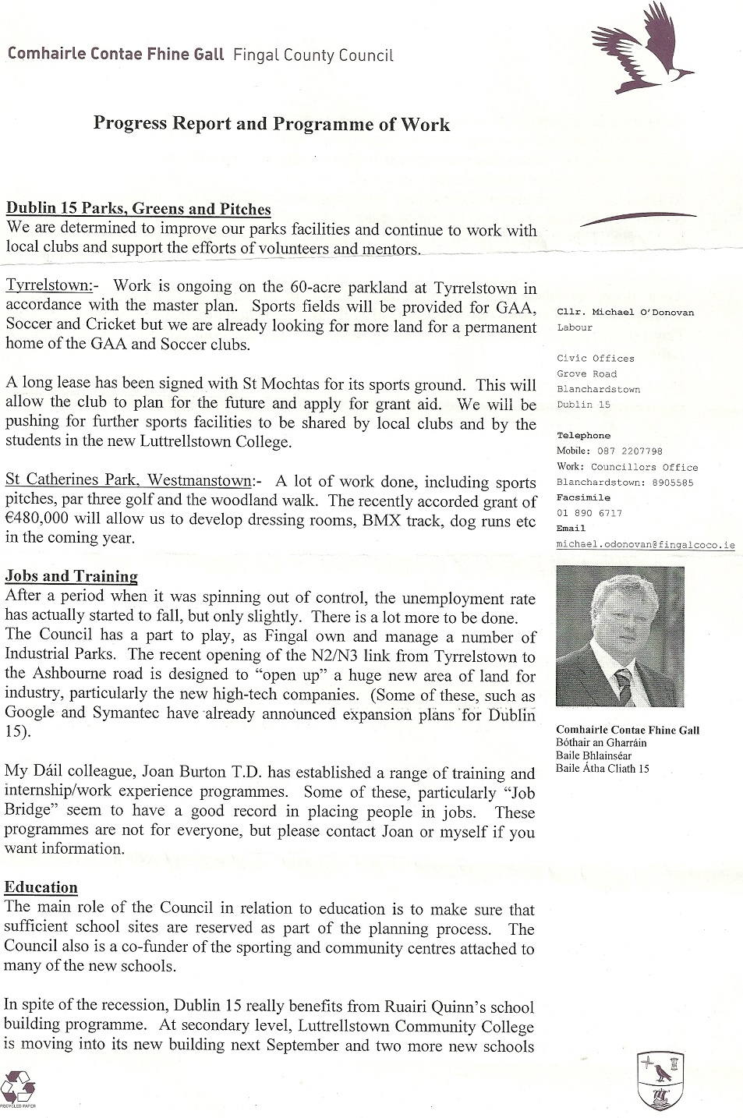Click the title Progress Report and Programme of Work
coord(271,124)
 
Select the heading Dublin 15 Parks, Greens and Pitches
coord(139,209)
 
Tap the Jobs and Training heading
coord(71,577)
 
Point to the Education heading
coord(41,887)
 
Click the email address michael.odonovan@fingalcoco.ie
coord(645,546)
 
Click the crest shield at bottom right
coord(660,1079)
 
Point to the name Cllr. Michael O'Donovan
coord(625,312)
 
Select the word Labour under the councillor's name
coord(575,327)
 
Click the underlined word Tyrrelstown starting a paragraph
coord(48,286)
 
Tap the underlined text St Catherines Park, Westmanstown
coord(129,481)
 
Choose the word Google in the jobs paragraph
coord(30,713)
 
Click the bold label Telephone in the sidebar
coord(584,436)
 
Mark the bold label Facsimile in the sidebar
coord(583,497)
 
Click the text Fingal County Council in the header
coord(313,55)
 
